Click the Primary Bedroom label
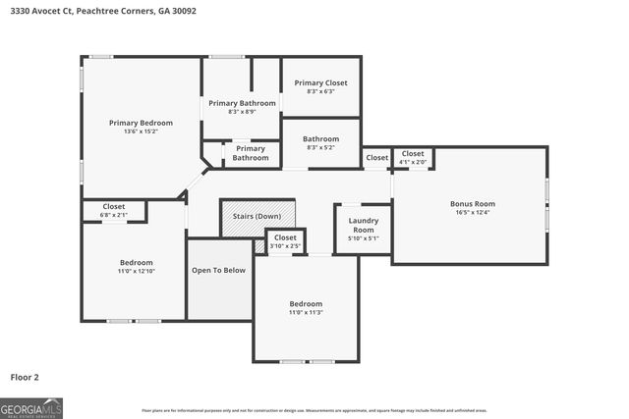pos(141,123)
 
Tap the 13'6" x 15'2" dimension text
pos(141,131)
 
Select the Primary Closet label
pos(320,83)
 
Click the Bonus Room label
pos(472,203)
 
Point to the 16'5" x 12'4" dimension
pos(472,212)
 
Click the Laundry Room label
pos(364,226)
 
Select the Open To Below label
pos(218,271)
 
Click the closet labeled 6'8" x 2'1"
pos(114,211)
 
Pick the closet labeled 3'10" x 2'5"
pos(285,241)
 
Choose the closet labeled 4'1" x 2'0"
pos(413,157)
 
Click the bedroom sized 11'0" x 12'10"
pos(137,267)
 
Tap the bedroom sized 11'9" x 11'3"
pos(306,308)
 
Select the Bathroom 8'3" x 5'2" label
pos(320,143)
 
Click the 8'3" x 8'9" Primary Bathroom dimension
pos(241,111)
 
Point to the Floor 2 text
pos(26,376)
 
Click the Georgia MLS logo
pos(31,407)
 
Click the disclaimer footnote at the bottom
pos(314,410)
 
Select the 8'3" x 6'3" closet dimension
pos(320,91)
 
